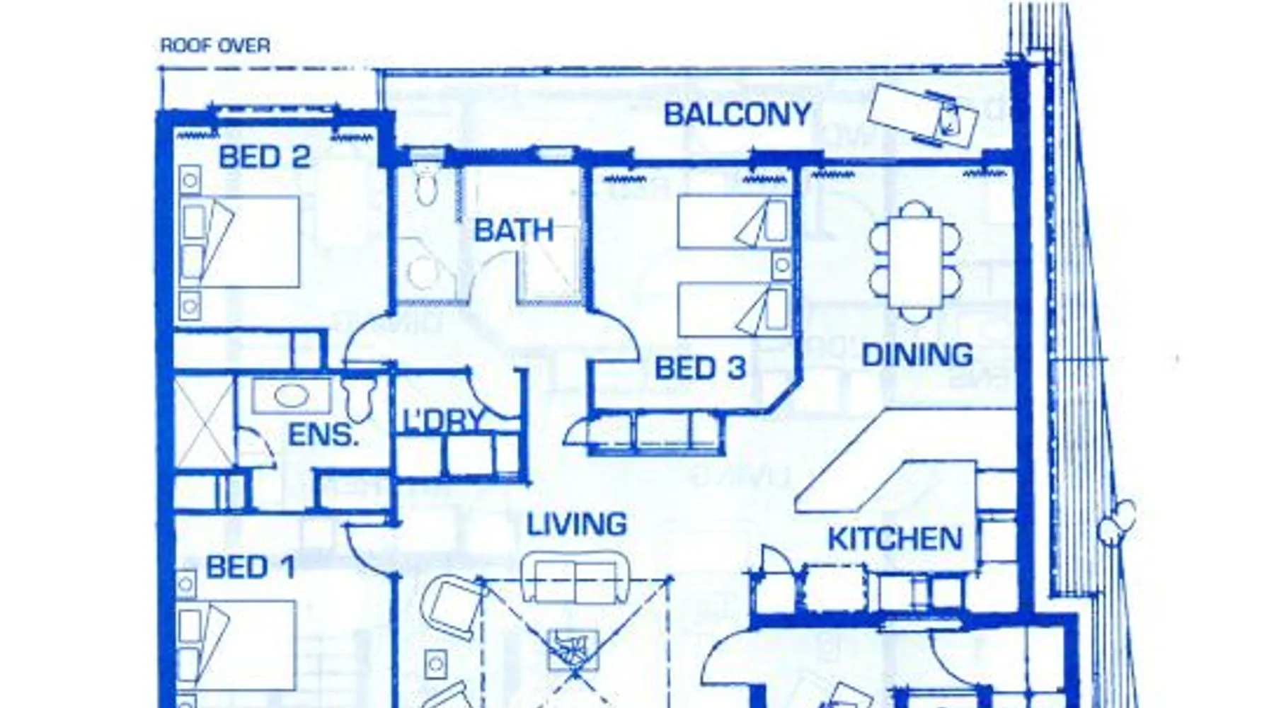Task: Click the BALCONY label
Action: click(x=737, y=115)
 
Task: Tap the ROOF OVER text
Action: click(x=215, y=46)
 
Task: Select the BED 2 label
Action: click(x=265, y=157)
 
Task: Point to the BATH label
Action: click(x=513, y=231)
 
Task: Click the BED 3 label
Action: click(x=700, y=368)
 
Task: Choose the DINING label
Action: click(x=917, y=355)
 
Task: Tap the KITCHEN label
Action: click(x=895, y=539)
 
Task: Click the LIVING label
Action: click(x=577, y=525)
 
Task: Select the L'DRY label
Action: click(x=443, y=421)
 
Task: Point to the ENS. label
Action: click(x=323, y=435)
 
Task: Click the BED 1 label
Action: click(x=250, y=568)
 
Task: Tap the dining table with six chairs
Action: click(x=915, y=262)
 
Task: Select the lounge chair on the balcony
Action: click(x=922, y=115)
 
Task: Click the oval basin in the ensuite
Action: click(x=292, y=396)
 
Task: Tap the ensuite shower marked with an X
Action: click(x=204, y=422)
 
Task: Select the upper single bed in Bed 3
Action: click(x=733, y=222)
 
